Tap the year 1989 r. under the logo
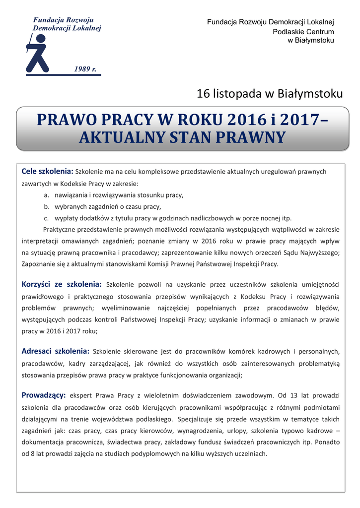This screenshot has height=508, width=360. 85,69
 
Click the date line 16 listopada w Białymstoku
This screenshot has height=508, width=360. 270,93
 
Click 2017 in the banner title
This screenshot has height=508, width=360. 299,121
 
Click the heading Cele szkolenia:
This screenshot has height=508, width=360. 47,171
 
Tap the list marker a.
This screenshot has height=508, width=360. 46,195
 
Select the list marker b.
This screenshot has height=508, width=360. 46,206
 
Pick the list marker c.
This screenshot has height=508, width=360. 46,218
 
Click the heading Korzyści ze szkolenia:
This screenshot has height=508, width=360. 62,284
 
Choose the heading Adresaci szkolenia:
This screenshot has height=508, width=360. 56,351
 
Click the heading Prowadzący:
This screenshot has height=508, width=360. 44,395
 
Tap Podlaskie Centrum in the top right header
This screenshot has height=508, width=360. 303,31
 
